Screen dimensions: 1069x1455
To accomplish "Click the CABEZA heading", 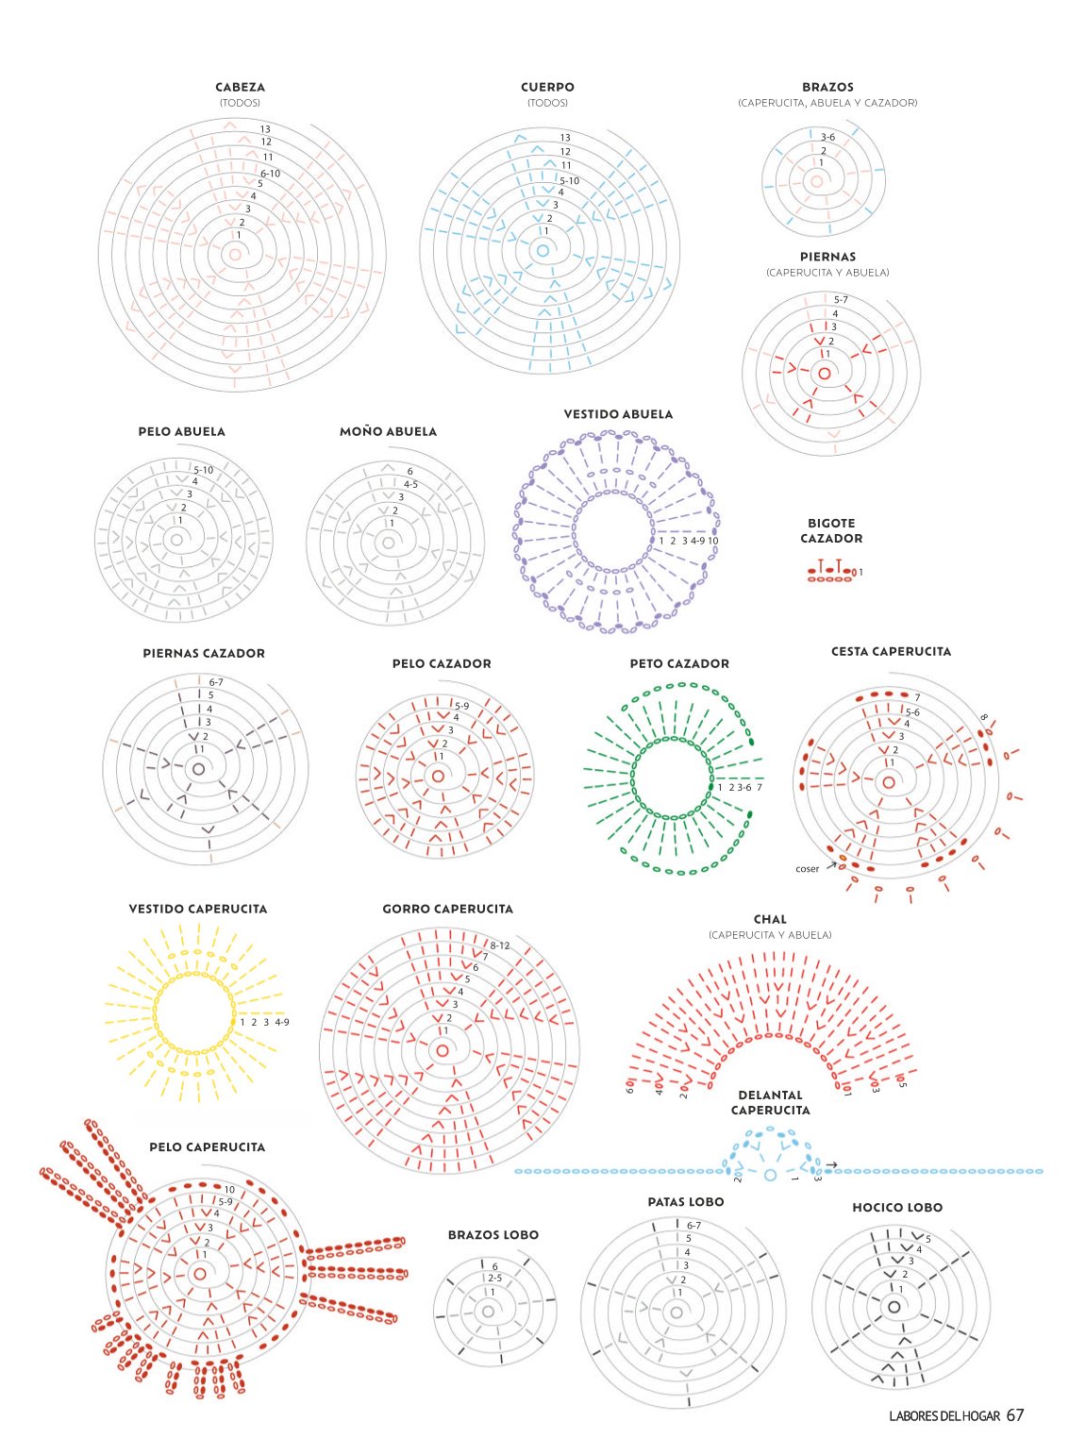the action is coord(240,87).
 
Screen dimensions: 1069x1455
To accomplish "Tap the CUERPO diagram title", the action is coord(547,87).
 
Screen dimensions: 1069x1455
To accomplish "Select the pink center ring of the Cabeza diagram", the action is coord(234,254).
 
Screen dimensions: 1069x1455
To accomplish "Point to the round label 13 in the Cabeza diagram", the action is coord(265,129).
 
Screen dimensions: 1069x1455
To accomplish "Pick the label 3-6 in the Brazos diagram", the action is coord(827,137).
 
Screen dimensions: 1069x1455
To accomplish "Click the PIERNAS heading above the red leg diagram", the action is coord(827,258).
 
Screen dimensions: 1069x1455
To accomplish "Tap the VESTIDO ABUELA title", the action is coord(618,414).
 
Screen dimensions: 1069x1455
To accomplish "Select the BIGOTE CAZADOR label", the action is coord(830,530).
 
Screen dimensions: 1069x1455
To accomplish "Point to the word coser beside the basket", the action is coord(808,868).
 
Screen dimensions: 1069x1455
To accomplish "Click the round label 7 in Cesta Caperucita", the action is coord(918,697).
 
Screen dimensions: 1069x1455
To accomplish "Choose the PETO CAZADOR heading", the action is coord(679,664).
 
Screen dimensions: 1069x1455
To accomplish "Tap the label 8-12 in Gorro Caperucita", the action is coord(500,945).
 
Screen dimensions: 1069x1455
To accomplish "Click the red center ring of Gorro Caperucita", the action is coord(443,1050).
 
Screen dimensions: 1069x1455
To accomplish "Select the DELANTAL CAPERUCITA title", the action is coord(770,1103).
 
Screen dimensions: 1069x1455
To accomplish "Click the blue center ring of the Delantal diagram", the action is coord(770,1174).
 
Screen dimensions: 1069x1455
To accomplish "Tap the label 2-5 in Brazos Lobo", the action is coord(495,1278).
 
